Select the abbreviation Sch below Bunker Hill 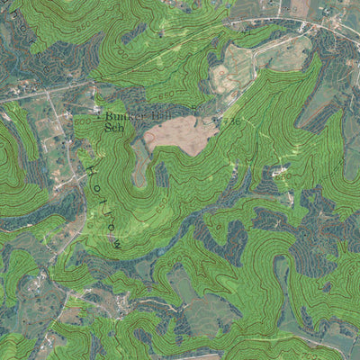[113, 128]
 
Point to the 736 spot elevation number [231, 121]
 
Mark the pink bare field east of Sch [183, 133]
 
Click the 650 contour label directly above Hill [166, 93]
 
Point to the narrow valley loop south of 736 [229, 171]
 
